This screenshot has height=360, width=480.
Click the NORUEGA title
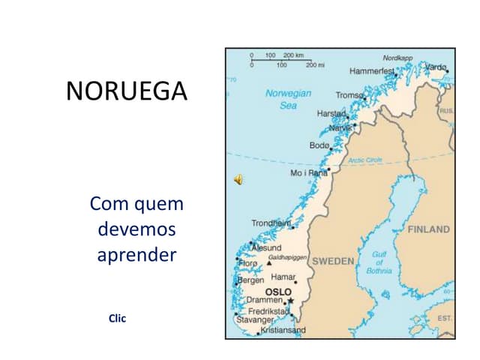coord(127,91)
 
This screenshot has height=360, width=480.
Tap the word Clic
coord(117,319)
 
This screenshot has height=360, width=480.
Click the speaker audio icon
coord(238,178)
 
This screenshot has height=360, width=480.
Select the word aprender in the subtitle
coord(136,254)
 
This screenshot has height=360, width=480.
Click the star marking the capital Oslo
coord(290,301)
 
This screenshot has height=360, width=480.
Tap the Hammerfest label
coord(371,70)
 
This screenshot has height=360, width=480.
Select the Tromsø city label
coord(349,95)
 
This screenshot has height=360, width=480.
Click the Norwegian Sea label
coord(288,100)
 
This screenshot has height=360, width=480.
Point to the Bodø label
coord(319,145)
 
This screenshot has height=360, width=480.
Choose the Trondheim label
coord(271,223)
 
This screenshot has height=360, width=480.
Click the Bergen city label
coord(250,280)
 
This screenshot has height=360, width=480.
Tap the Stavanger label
coord(255,319)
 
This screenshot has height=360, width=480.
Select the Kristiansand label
coord(283,330)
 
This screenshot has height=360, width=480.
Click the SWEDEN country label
coord(332,261)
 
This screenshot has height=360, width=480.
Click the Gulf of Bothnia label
coord(379,262)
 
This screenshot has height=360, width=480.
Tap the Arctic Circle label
coord(364,160)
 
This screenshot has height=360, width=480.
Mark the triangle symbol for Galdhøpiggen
coord(268,264)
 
